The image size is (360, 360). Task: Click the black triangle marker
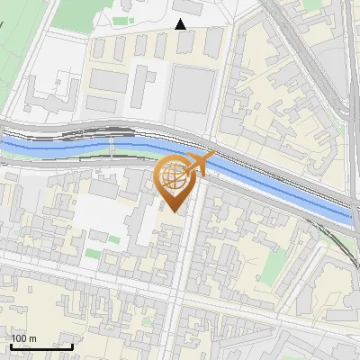click(x=181, y=24)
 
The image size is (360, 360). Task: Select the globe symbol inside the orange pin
click(x=175, y=175)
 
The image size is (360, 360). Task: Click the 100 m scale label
click(x=23, y=338)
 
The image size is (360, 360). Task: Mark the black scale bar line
click(x=41, y=346)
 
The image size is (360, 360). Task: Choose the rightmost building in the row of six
click(x=213, y=40)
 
